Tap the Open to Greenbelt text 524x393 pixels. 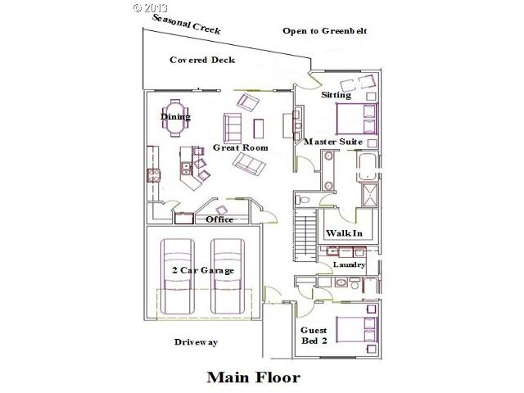[324, 31]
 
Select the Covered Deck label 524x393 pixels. [202, 60]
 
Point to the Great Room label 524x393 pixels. [241, 147]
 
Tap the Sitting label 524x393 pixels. [336, 95]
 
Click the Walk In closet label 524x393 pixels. [344, 233]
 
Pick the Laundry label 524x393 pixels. [348, 265]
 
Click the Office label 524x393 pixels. [219, 219]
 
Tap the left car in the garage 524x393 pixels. [178, 274]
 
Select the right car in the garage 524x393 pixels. [229, 274]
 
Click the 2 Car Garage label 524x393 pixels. [203, 270]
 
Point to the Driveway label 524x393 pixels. [196, 342]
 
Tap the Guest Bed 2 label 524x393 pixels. [315, 335]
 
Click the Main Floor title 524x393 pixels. [253, 377]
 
